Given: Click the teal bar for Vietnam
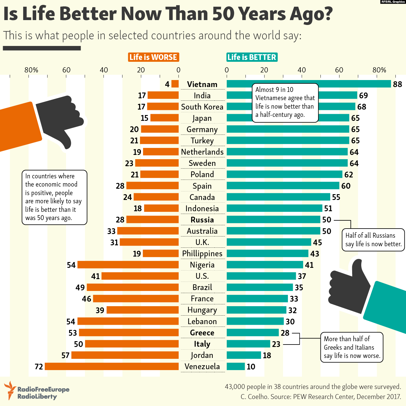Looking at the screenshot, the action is coord(309,84).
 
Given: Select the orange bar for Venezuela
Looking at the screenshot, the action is coord(112,366).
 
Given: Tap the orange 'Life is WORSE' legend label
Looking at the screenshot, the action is coord(153,57).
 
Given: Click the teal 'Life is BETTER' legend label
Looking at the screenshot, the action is coord(252,57).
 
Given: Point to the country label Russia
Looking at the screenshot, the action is coord(202,220).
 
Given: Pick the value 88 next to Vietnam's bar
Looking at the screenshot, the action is coord(397,84).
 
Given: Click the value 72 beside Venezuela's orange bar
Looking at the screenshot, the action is coord(39,367).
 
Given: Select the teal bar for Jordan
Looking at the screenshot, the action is coord(244,355).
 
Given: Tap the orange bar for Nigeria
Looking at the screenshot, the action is coord(128,264).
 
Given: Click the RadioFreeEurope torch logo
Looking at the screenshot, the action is coord(10,390).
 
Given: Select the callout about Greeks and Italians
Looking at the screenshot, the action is coord(352,347).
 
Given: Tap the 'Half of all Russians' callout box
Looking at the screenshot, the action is coord(373,240).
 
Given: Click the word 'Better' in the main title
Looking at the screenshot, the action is coord(88,14).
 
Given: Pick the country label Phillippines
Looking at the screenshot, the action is coord(202,254).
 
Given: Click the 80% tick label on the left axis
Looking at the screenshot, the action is coord(31,70).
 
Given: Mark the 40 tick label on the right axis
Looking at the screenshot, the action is coord(302,70).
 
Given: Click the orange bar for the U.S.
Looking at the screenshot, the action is coord(140,276).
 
